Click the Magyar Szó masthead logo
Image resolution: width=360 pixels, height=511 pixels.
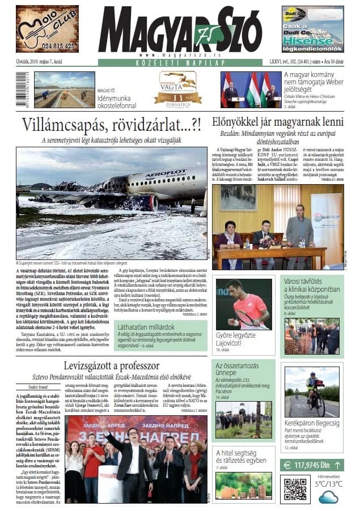[x=180, y=31]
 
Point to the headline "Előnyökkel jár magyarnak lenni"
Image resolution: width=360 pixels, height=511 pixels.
[x=277, y=121]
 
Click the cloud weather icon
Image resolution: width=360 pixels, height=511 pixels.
[x=328, y=497]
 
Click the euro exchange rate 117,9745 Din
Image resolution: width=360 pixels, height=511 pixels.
[x=311, y=465]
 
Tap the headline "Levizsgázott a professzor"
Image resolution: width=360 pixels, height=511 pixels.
[x=112, y=365]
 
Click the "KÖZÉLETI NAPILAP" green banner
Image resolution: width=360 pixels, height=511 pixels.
[x=180, y=62]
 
